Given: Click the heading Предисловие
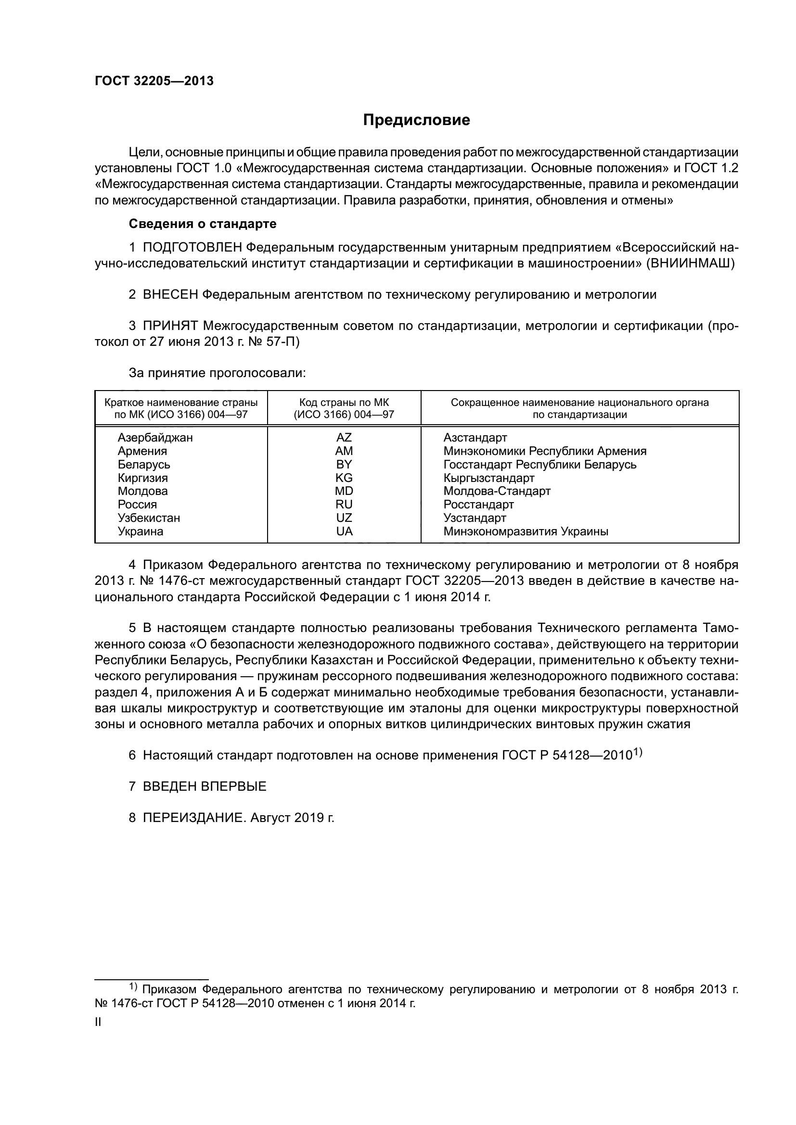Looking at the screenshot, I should (x=416, y=121).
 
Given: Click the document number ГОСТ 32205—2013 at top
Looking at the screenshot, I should (x=154, y=81).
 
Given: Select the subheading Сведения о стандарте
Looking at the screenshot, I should (x=203, y=224).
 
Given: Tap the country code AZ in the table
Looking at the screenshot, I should (x=344, y=438).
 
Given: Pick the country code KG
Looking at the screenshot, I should (x=344, y=478).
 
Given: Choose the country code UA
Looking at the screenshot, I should (x=344, y=531).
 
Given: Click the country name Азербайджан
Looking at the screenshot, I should (x=155, y=438).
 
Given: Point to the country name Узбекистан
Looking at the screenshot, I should (x=149, y=518).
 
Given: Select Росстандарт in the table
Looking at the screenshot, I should (x=478, y=505).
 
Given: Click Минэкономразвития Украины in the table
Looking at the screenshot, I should (x=526, y=531).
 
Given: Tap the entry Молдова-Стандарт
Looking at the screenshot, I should (x=497, y=491).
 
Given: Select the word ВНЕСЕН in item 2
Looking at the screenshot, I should (x=170, y=294).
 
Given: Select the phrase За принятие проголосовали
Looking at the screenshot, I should (x=217, y=373).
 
